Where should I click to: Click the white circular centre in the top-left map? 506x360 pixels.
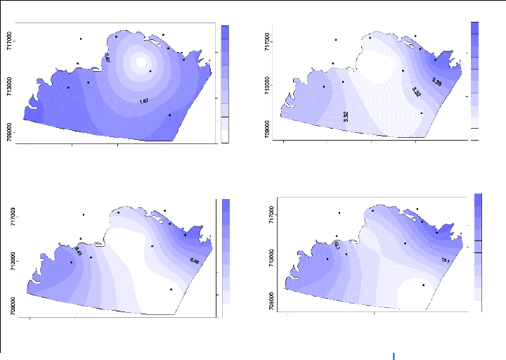pyautogui.click(x=141, y=62)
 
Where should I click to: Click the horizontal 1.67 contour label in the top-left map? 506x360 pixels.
pyautogui.click(x=144, y=101)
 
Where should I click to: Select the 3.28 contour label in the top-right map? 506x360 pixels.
pyautogui.click(x=436, y=82)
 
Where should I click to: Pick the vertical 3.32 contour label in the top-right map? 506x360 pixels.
pyautogui.click(x=346, y=117)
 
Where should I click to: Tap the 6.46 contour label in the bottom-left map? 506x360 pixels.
pyautogui.click(x=195, y=262)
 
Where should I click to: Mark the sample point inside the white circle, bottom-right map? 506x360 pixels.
pyautogui.click(x=423, y=285)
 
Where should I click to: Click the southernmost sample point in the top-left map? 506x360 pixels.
pyautogui.click(x=169, y=115)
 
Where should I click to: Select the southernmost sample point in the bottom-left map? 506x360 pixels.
pyautogui.click(x=171, y=289)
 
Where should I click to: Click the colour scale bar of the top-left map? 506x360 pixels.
pyautogui.click(x=225, y=83)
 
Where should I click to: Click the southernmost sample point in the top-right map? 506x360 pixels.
pyautogui.click(x=421, y=112)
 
